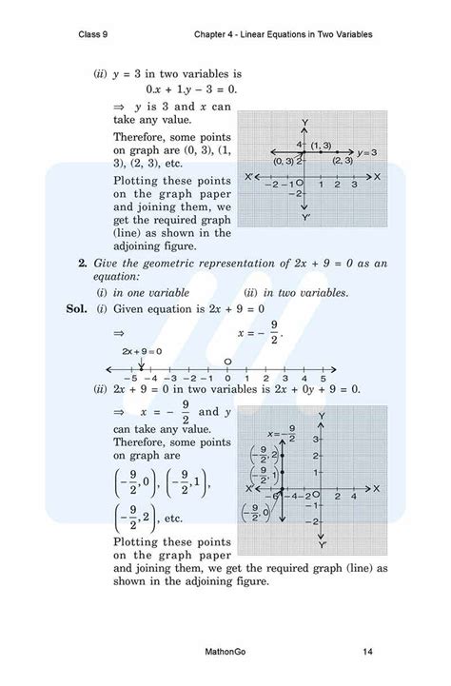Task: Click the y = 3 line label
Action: click(367, 152)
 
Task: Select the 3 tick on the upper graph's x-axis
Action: click(341, 185)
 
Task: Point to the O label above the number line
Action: click(227, 362)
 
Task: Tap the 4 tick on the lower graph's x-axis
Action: click(353, 497)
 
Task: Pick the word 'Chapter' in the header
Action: click(210, 35)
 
